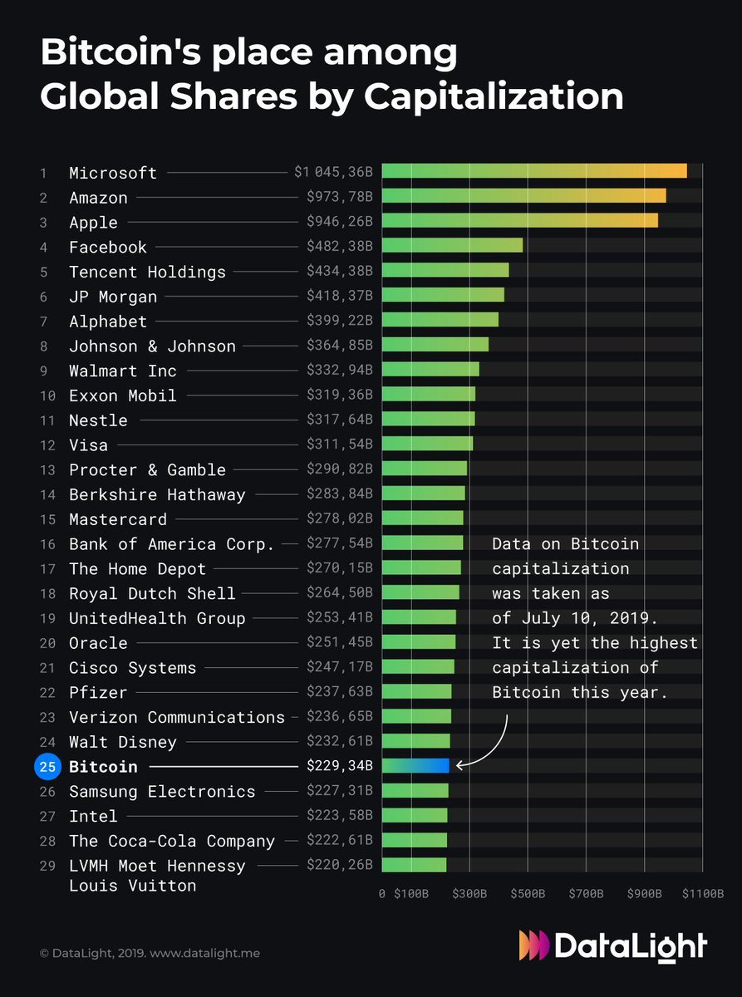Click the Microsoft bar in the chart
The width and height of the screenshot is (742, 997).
point(534,171)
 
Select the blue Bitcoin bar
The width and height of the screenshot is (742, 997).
point(415,766)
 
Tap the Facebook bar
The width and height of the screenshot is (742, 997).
point(452,246)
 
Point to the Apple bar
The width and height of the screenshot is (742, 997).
point(519,221)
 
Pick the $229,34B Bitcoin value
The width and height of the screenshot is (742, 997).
point(339,766)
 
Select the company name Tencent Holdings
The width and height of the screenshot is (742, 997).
point(147,272)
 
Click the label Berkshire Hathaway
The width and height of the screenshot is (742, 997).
point(157,494)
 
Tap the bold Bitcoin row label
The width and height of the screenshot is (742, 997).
point(103,766)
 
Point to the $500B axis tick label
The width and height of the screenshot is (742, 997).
point(528,894)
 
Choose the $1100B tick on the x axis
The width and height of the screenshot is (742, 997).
point(704,894)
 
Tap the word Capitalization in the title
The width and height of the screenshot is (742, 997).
point(494,97)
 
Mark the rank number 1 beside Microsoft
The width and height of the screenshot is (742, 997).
point(43,173)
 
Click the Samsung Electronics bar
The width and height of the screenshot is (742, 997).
point(415,790)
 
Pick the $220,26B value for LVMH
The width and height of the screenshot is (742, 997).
point(339,865)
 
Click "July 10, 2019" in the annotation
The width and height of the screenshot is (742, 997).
point(565,618)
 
